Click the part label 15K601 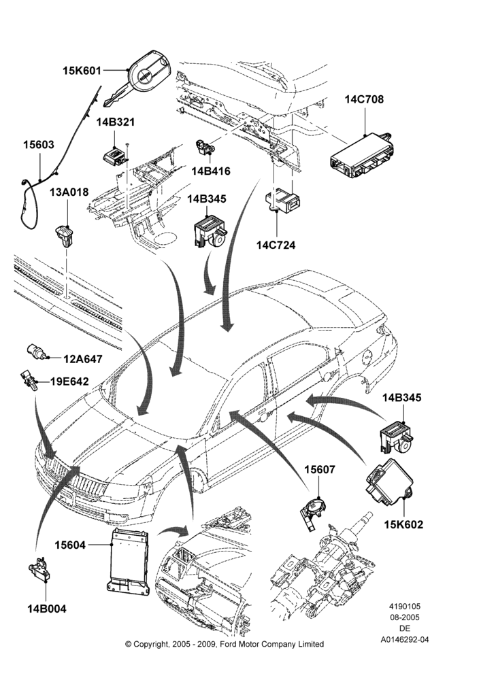point(82,70)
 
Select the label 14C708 point(365,99)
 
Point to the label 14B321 point(116,122)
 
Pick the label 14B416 point(211,171)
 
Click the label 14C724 point(276,245)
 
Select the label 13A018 point(69,192)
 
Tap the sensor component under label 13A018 point(65,235)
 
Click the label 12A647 point(83,359)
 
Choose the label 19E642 point(69,381)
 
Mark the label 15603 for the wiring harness point(39,145)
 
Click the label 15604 point(70,545)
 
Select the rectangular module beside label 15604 point(129,560)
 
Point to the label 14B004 point(47,609)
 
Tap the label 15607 point(319,470)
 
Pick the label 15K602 point(403,524)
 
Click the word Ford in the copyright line point(229,644)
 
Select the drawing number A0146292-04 point(405,639)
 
